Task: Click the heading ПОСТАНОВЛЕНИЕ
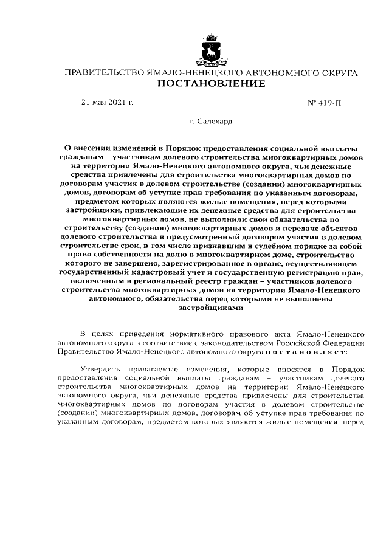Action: click(x=211, y=84)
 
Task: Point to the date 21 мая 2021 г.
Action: click(x=107, y=103)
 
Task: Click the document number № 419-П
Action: click(x=325, y=103)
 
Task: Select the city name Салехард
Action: click(x=215, y=122)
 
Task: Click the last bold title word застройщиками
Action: click(x=211, y=308)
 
